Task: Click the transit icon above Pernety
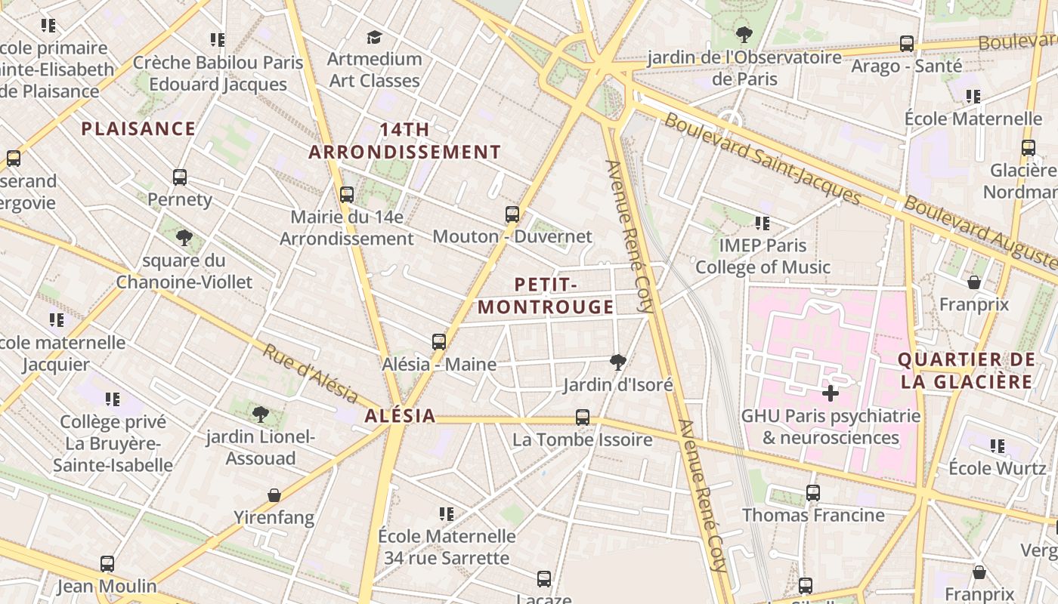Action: click(180, 177)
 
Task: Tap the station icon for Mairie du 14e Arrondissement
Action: click(347, 195)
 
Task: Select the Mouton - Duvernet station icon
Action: click(512, 214)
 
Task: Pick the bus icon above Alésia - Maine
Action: click(439, 342)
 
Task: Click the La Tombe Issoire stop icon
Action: click(582, 418)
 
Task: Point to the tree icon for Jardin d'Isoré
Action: click(617, 362)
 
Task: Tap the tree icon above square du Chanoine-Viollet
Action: click(184, 239)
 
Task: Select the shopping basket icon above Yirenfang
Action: click(274, 496)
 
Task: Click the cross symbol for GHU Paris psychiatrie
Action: click(831, 393)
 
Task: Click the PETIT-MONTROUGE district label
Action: click(546, 296)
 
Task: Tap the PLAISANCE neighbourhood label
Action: click(138, 129)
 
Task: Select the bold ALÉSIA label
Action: click(400, 416)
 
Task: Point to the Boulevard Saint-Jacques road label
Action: click(763, 159)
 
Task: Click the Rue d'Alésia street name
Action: click(310, 373)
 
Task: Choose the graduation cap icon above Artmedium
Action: click(374, 37)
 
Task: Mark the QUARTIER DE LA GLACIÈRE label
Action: click(966, 371)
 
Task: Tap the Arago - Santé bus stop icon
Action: click(907, 44)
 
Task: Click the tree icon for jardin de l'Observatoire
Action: click(744, 35)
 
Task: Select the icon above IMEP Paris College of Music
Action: click(763, 223)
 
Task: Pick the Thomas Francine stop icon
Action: click(813, 493)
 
